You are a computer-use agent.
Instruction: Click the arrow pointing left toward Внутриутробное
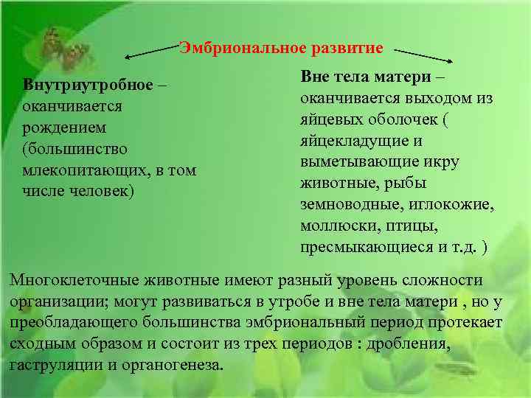[x=152, y=51]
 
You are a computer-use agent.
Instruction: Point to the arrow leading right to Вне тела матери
[x=423, y=55]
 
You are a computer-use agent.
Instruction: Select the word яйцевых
[x=330, y=119]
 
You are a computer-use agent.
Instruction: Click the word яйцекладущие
[x=343, y=141]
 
